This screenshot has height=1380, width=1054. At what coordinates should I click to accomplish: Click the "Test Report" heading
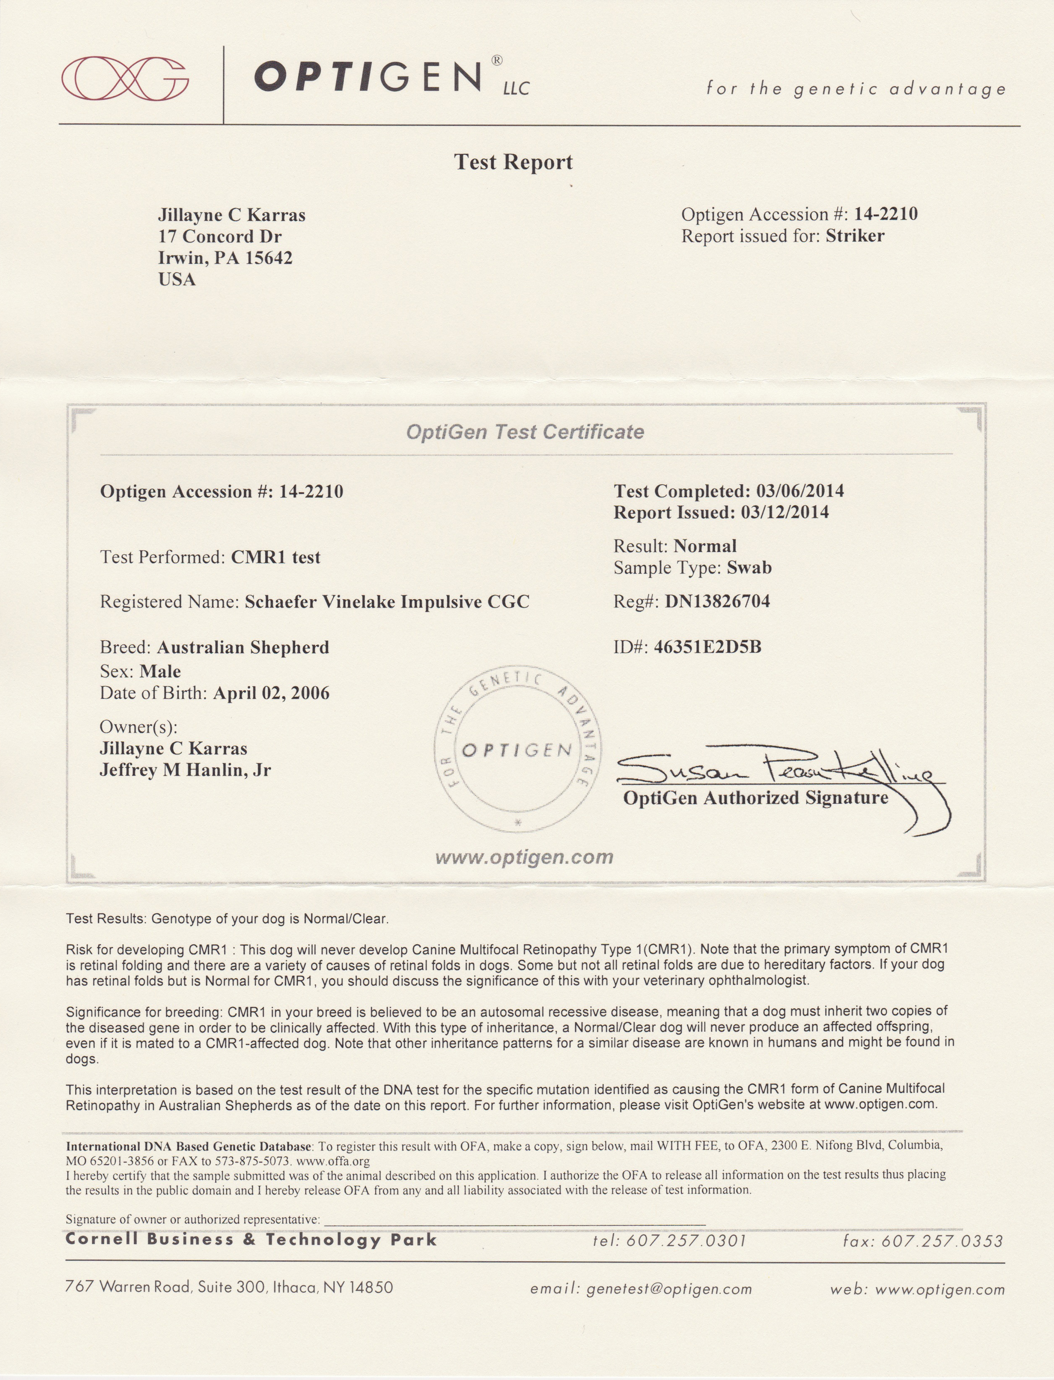tap(513, 162)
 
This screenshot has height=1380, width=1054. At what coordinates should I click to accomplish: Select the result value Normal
tap(705, 546)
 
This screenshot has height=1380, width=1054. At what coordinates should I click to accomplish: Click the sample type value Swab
tap(749, 568)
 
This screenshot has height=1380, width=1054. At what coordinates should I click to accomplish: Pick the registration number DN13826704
tap(717, 601)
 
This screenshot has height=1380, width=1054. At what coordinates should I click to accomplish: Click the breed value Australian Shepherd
tap(243, 647)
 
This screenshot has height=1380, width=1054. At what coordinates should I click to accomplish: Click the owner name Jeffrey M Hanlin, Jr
tap(185, 770)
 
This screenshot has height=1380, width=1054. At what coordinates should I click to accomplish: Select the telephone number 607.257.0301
tap(686, 1240)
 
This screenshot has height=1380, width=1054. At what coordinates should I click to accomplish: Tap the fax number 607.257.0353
tap(942, 1240)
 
